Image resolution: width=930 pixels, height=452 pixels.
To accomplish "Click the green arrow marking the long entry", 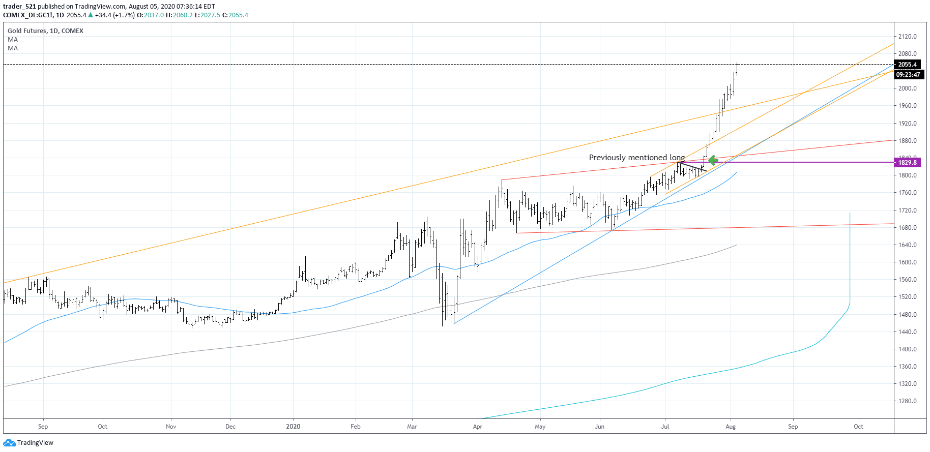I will [x=713, y=160].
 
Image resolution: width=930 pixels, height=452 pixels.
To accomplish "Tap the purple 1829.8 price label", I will [x=907, y=163].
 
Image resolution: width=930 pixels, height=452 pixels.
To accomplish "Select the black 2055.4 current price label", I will [x=907, y=65].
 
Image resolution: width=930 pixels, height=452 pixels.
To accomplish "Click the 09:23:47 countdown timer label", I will [x=908, y=75].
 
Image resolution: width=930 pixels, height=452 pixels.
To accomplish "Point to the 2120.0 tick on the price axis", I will [x=907, y=37].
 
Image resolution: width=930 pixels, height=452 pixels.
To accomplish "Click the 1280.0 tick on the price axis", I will [x=907, y=401].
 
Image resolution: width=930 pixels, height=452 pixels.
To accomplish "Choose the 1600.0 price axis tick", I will [x=907, y=262].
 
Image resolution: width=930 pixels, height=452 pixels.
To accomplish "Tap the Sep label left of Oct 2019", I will [x=43, y=427].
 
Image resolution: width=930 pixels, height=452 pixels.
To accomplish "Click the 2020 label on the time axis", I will [x=293, y=427].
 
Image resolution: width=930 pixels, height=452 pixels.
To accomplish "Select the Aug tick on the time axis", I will [x=731, y=427].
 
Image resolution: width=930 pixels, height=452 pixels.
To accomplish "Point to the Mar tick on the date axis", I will [x=412, y=427].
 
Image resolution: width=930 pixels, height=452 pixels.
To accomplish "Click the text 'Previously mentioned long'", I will [x=636, y=158].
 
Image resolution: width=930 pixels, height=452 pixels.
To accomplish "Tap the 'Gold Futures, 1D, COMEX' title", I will [x=45, y=31].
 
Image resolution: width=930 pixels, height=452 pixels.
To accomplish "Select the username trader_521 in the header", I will [x=19, y=7].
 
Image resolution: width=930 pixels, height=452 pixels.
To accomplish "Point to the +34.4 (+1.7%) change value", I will [x=114, y=15].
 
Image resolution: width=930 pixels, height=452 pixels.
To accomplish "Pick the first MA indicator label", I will [x=13, y=40].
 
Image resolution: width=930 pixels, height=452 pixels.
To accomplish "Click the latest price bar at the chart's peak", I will [x=737, y=68].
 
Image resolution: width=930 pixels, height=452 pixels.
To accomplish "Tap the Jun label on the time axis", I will [x=599, y=427].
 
